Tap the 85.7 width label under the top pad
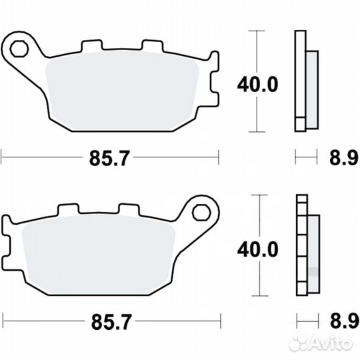point(109,158)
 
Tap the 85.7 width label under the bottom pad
point(109,322)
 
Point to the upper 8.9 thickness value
point(343,158)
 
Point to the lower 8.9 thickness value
point(343,322)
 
